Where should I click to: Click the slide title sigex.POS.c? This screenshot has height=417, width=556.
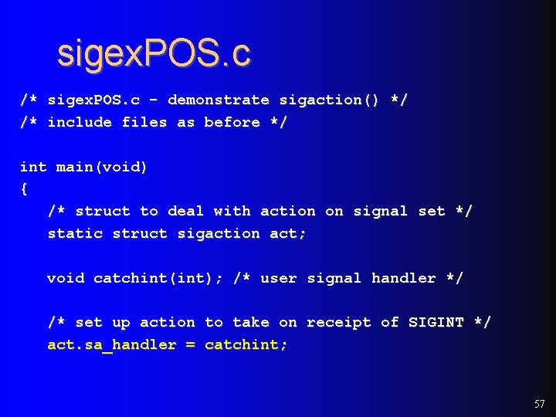tap(154, 53)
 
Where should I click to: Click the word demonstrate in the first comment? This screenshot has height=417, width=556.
tap(219, 100)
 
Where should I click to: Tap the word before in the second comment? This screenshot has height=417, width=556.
tap(232, 122)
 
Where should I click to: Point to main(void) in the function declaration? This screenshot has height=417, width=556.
tap(102, 167)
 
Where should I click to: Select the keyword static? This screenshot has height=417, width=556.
tap(75, 233)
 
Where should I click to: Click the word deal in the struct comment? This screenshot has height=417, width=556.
tap(186, 211)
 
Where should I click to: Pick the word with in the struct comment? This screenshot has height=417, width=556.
tap(232, 211)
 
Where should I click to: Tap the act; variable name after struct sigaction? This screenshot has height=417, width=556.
tap(288, 233)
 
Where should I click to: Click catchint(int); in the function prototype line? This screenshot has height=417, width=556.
tap(158, 278)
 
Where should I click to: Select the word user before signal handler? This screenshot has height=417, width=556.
tap(279, 278)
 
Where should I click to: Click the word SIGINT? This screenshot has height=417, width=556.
tap(436, 322)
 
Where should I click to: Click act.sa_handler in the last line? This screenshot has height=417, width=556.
tap(112, 344)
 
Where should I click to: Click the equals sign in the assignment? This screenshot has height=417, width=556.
tap(191, 344)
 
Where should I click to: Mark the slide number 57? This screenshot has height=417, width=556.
tap(539, 404)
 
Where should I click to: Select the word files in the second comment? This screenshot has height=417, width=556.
tap(144, 122)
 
